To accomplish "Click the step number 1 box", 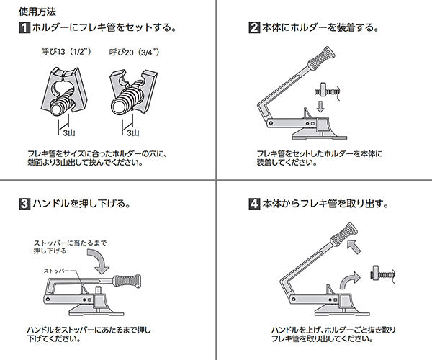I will pyautogui.click(x=24, y=30).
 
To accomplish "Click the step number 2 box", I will pyautogui.click(x=254, y=30).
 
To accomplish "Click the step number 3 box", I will pyautogui.click(x=24, y=204).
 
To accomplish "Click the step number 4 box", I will pyautogui.click(x=254, y=204).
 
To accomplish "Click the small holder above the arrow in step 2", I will pyautogui.click(x=328, y=89).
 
